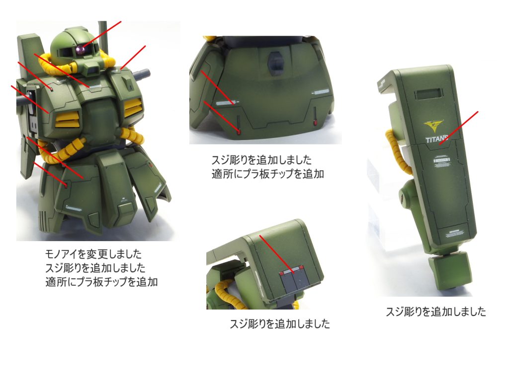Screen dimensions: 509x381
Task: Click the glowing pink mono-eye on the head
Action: click(80, 50)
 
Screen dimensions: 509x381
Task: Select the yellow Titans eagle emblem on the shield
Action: click(433, 125)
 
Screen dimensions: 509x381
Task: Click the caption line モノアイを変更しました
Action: click(93, 254)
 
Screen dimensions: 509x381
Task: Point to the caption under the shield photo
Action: click(435, 312)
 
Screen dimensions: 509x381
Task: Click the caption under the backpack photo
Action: click(279, 323)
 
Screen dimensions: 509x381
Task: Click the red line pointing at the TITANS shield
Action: click(458, 127)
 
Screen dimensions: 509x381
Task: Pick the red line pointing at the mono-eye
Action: click(101, 35)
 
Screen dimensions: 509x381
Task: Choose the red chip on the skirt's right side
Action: click(315, 123)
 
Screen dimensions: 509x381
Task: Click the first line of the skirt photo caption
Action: click(261, 160)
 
